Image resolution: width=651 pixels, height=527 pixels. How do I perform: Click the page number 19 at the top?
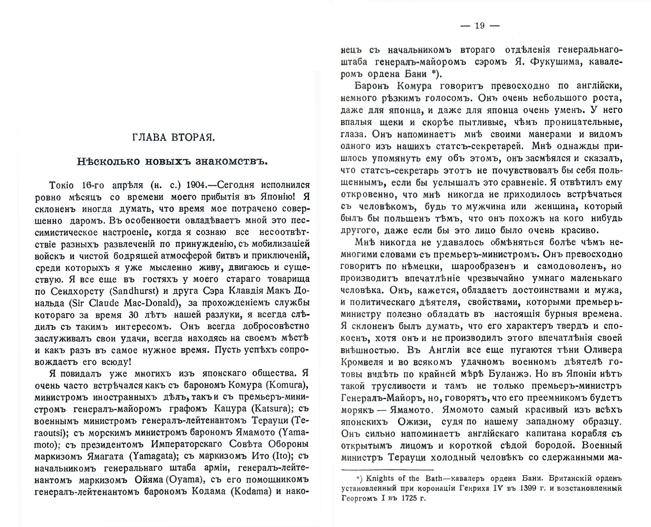click(x=480, y=26)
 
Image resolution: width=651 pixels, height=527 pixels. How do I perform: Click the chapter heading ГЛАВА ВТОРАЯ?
click(x=172, y=138)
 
